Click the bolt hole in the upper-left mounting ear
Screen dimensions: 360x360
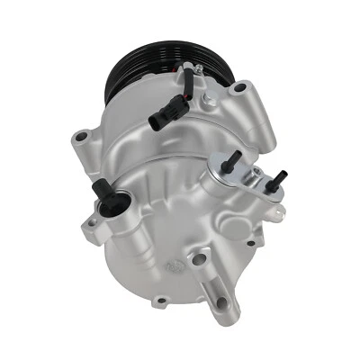(x=82, y=138)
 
